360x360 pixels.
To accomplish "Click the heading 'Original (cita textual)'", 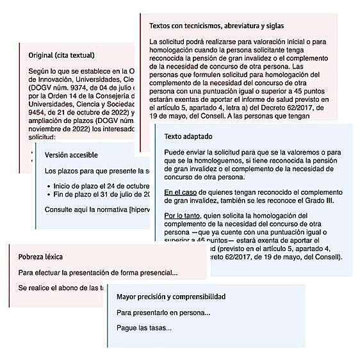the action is (x=61, y=55).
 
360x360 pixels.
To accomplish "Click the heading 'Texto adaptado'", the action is (x=188, y=137).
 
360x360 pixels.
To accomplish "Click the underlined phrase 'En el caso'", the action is (x=179, y=192).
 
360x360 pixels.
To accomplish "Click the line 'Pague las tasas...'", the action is (x=144, y=328).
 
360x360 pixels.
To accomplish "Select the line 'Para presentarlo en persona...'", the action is (x=163, y=313).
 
